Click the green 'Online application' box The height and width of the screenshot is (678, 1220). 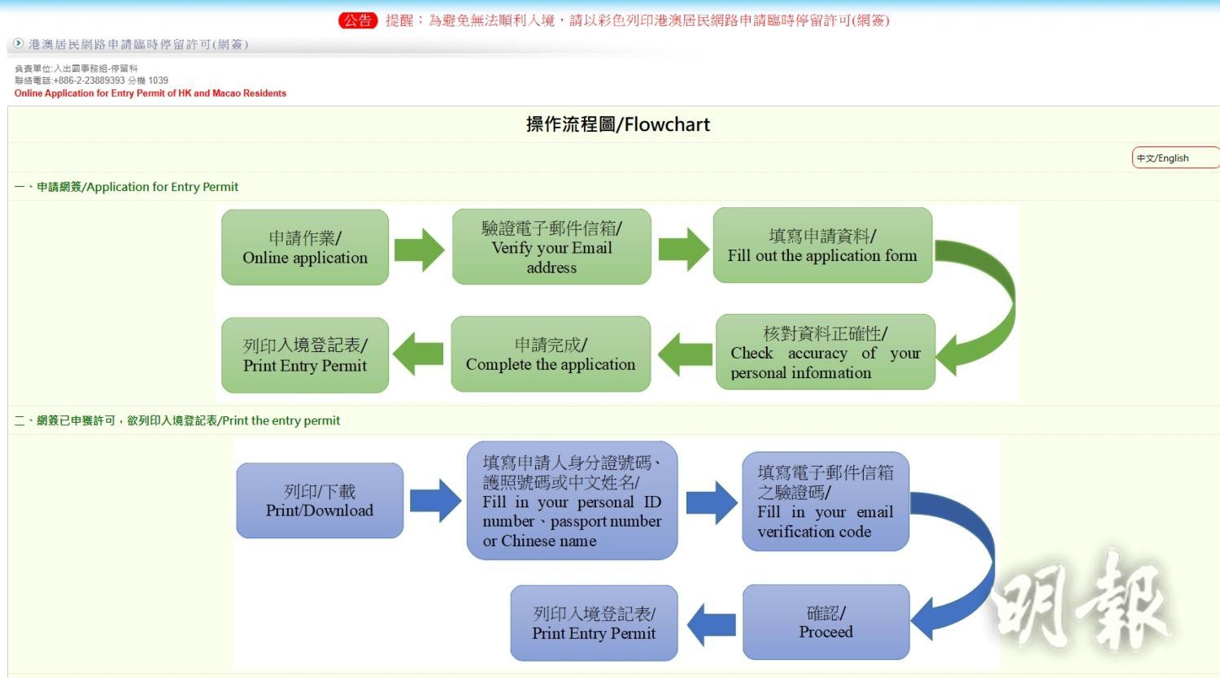tap(305, 248)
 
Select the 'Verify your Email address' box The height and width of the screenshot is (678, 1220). tap(551, 247)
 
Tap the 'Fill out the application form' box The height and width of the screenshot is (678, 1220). tap(822, 246)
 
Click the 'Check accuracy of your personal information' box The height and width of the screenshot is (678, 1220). tap(825, 353)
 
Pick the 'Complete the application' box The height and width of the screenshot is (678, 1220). tap(551, 354)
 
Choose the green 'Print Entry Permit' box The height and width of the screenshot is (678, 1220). tap(305, 355)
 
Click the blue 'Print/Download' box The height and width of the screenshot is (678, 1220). tap(320, 501)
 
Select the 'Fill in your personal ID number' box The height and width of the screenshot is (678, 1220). tap(572, 501)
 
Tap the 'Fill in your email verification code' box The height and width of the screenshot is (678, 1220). tap(826, 502)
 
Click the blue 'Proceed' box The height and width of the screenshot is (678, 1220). tap(826, 622)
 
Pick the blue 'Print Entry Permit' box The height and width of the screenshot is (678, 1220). tap(594, 624)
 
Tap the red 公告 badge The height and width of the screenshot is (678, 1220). tap(358, 20)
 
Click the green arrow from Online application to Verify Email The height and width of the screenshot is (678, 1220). tap(420, 249)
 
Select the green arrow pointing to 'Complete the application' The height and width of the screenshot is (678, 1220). tap(684, 354)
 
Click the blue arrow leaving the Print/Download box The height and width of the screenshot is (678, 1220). tap(435, 501)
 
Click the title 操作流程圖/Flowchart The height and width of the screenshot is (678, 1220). tap(618, 124)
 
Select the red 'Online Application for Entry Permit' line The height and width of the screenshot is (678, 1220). tap(150, 93)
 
